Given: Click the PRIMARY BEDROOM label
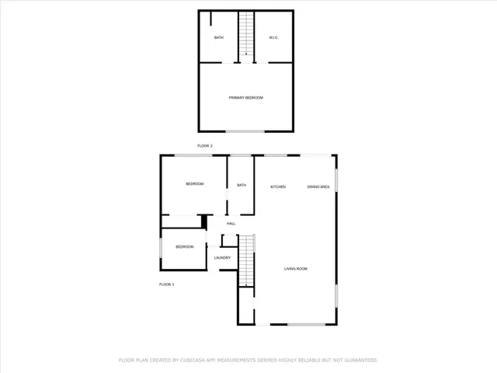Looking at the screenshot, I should click(245, 97).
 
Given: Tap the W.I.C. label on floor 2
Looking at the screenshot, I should click(273, 37).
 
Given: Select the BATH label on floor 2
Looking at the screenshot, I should click(219, 37).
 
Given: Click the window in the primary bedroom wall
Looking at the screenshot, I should click(245, 131).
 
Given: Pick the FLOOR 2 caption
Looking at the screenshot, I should click(205, 145).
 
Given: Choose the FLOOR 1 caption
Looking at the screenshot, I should click(166, 284).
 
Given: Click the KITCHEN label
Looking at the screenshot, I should click(278, 186).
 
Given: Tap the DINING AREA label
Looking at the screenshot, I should click(318, 186).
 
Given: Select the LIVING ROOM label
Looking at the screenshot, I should click(296, 269).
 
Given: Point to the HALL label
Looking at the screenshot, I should click(231, 224).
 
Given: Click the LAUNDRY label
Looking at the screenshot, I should click(222, 257).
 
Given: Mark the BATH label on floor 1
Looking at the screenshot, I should click(242, 185).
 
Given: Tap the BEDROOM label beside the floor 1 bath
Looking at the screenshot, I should click(194, 183).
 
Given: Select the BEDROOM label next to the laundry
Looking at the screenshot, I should click(184, 247).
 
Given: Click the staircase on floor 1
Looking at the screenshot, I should click(246, 260).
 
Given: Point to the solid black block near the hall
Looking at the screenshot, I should click(204, 221).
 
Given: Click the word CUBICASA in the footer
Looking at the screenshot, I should click(191, 360).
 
